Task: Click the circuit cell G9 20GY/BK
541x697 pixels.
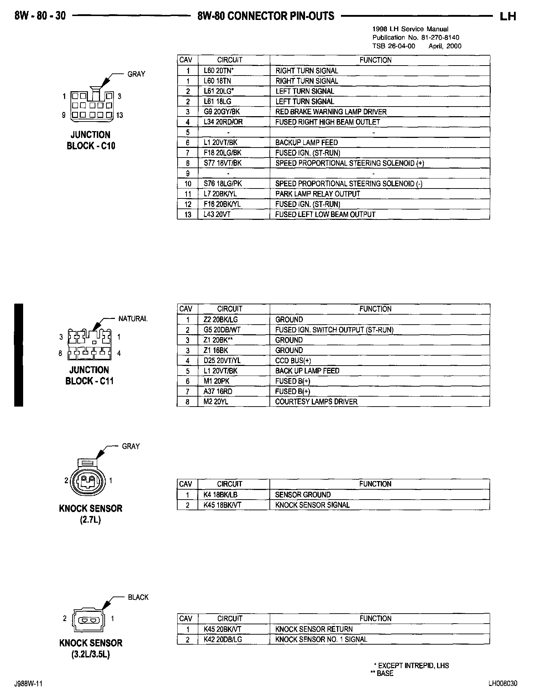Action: [x=222, y=112]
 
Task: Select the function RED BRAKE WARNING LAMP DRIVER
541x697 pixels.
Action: [x=331, y=112]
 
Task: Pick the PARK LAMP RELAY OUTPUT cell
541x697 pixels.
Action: [x=317, y=194]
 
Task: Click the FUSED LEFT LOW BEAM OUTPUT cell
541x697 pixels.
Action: [x=325, y=215]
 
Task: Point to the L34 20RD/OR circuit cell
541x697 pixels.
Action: [x=223, y=122]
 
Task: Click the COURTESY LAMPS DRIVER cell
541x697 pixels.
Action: [x=316, y=402]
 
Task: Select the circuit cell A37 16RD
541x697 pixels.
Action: [x=218, y=391]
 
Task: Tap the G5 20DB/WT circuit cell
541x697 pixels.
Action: [x=222, y=330]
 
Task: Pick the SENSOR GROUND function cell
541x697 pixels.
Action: [x=303, y=495]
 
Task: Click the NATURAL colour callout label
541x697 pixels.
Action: [x=133, y=319]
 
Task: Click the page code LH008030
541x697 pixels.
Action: [x=503, y=683]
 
